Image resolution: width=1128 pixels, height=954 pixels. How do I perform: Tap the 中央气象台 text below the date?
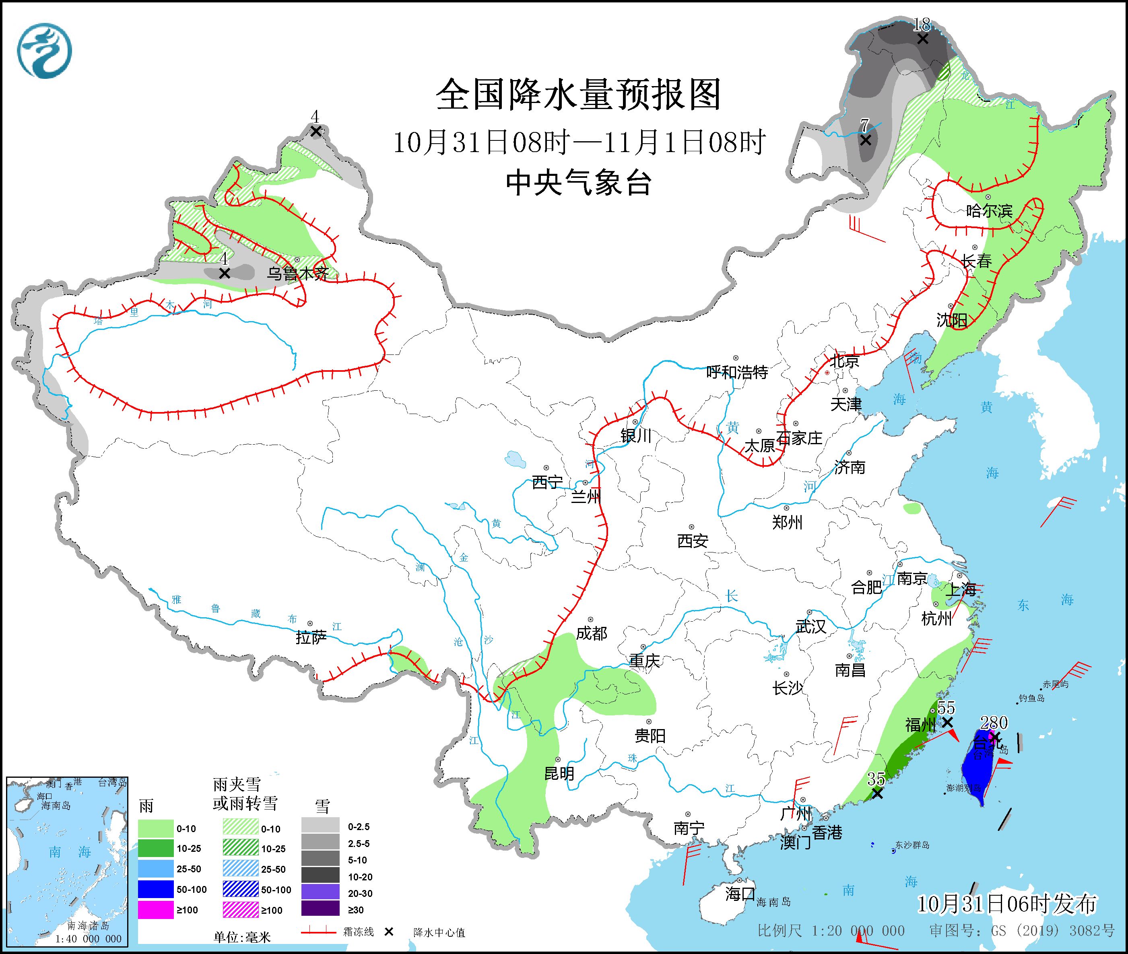pyautogui.click(x=578, y=182)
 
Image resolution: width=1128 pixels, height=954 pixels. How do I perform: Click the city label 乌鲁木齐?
pyautogui.click(x=297, y=274)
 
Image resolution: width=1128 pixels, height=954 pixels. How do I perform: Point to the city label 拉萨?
pyautogui.click(x=311, y=638)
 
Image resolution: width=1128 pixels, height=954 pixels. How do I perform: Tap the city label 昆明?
pyautogui.click(x=559, y=773)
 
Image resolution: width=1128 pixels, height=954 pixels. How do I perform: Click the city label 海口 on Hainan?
pyautogui.click(x=740, y=893)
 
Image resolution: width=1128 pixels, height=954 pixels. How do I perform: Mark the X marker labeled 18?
pyautogui.click(x=922, y=39)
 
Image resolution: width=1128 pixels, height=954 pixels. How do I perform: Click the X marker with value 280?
pyautogui.click(x=994, y=737)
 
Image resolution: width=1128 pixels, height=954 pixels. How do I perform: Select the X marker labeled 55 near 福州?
pyautogui.click(x=947, y=723)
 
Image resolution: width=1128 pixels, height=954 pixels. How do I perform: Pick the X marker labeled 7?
pyautogui.click(x=866, y=140)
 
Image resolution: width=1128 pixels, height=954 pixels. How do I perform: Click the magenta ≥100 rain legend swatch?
pyautogui.click(x=155, y=910)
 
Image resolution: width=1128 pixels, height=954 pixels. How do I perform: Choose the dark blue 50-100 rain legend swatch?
pyautogui.click(x=155, y=889)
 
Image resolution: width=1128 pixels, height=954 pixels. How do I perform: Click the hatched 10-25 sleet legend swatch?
pyautogui.click(x=240, y=849)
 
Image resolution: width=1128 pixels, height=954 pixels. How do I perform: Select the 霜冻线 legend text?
pyautogui.click(x=358, y=932)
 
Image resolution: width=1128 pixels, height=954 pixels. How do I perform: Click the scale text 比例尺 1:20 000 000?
pyautogui.click(x=831, y=931)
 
